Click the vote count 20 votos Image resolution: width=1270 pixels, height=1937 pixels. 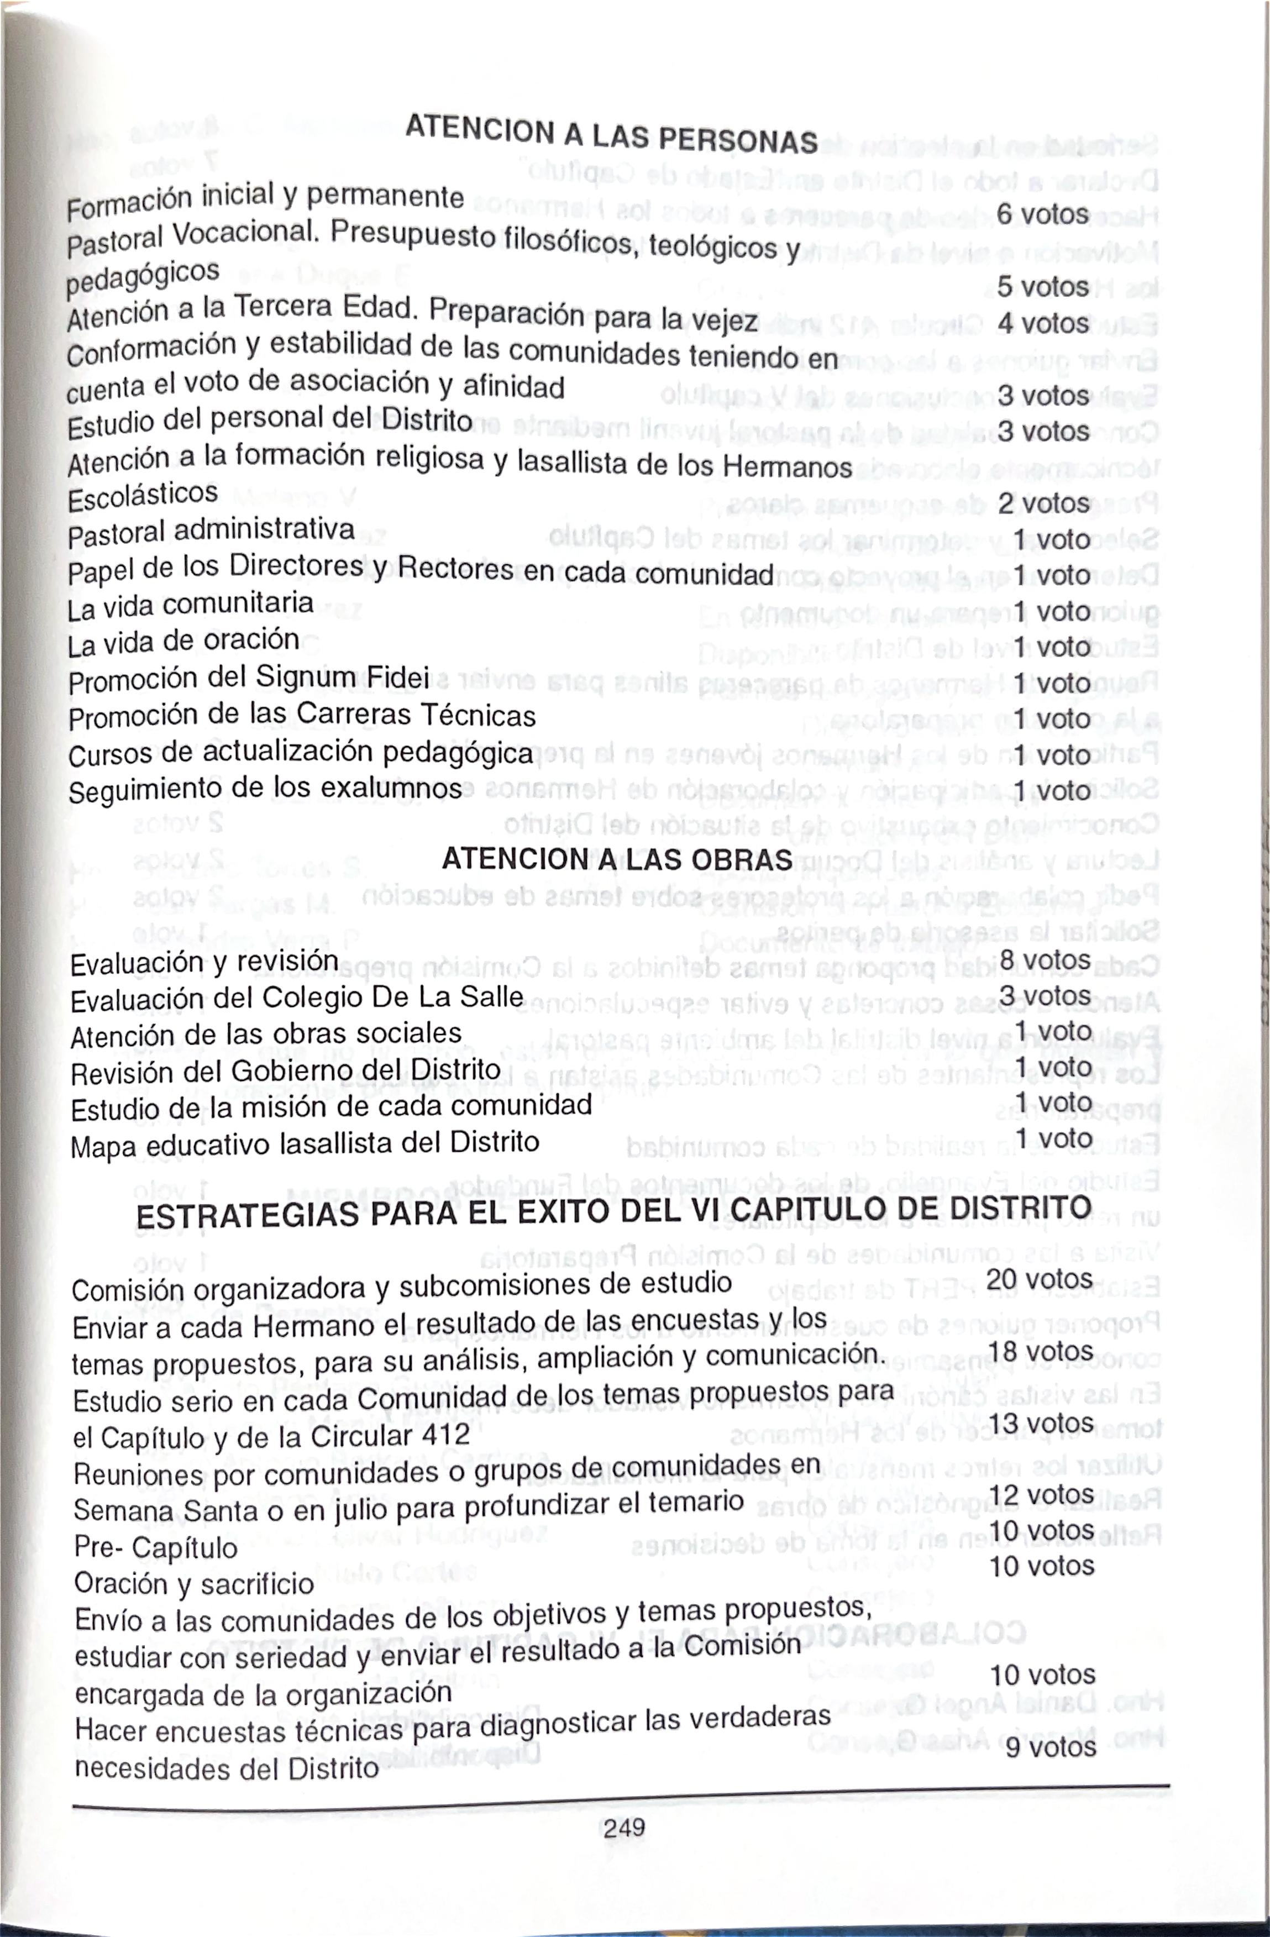tap(1039, 1279)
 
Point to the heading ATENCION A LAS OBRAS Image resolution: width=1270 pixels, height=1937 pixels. tap(617, 859)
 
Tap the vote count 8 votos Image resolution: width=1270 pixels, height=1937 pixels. tap(1045, 960)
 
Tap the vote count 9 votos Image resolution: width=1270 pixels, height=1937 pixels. tap(1050, 1746)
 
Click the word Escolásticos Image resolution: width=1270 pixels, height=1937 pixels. tap(143, 496)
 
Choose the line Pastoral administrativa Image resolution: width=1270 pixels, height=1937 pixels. tap(212, 532)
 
